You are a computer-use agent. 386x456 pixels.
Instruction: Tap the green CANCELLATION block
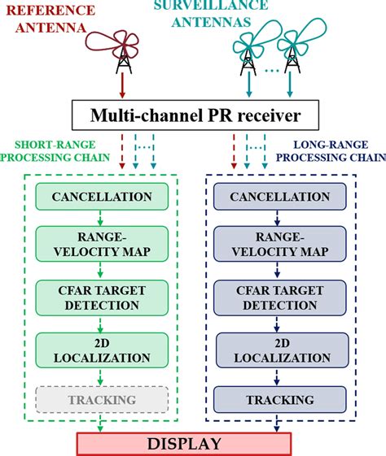coord(102,197)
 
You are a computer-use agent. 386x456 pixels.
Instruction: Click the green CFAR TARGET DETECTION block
coord(102,297)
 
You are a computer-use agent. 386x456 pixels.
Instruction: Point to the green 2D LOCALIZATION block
coord(102,350)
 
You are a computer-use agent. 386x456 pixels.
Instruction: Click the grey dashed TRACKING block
coord(102,399)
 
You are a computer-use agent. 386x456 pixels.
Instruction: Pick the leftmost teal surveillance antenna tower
coord(245,58)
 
